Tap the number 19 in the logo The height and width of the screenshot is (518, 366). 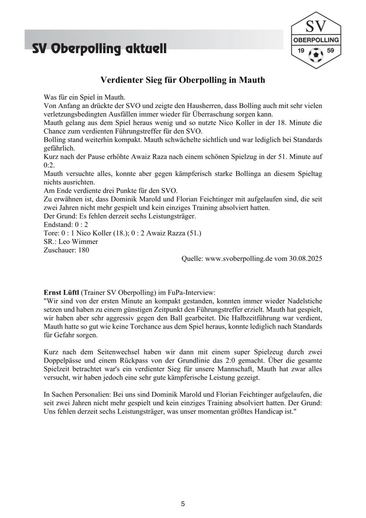point(300,51)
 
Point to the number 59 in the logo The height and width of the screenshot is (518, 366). point(330,51)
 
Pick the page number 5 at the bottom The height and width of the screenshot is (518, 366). point(183,504)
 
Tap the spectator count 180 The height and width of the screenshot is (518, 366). point(84,250)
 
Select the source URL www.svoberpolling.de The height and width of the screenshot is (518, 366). point(239,258)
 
